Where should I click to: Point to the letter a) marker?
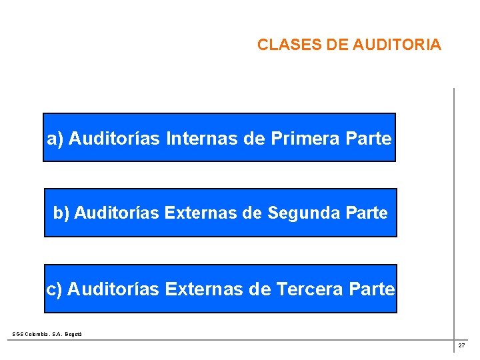click(55, 139)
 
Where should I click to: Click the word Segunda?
click(305, 213)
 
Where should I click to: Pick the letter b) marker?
click(61, 213)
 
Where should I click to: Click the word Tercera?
click(309, 289)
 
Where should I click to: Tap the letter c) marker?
click(54, 289)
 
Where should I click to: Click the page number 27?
click(461, 345)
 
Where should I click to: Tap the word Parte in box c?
click(372, 289)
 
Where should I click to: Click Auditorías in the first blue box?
click(114, 139)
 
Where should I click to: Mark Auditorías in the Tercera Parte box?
click(113, 289)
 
